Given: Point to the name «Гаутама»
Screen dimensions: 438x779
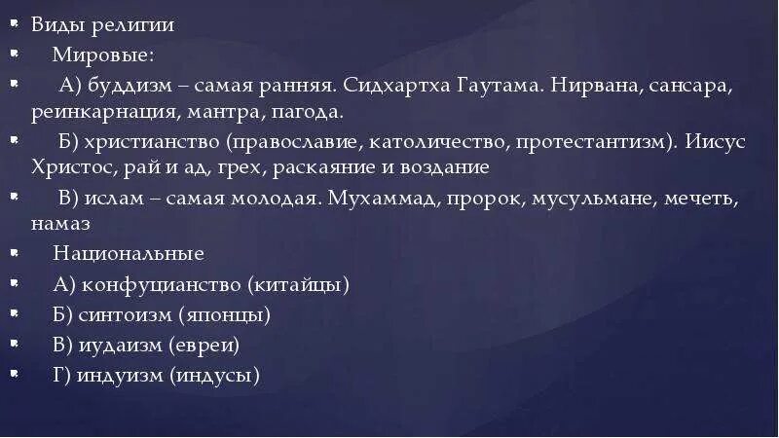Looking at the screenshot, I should pyautogui.click(x=496, y=84).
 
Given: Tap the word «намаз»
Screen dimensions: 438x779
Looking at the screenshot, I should pyautogui.click(x=59, y=224).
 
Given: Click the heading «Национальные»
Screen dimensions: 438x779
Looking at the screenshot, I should pyautogui.click(x=129, y=254).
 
